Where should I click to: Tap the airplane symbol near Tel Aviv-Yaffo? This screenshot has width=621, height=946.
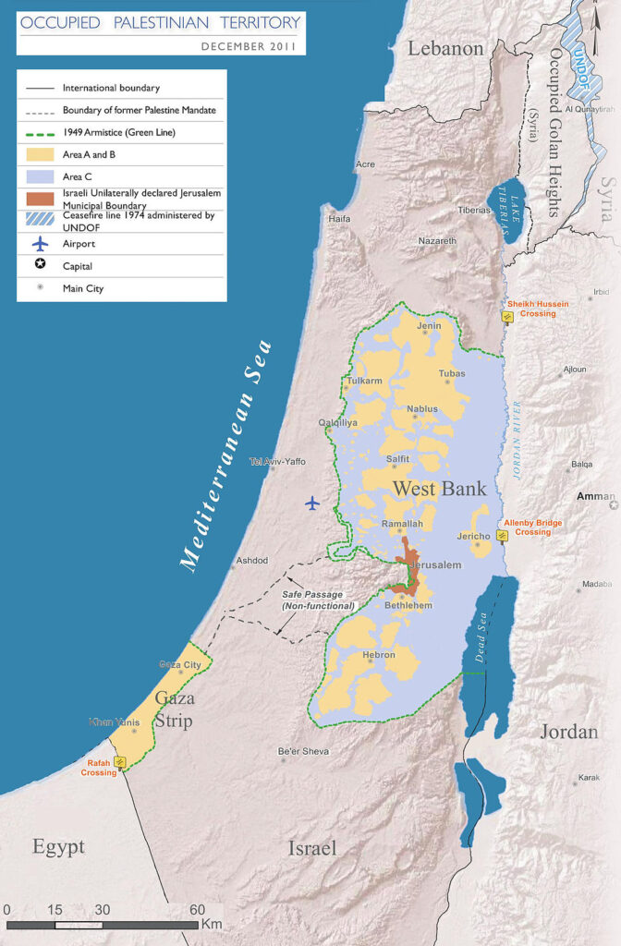click(x=312, y=503)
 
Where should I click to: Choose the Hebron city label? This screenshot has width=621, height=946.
click(x=379, y=654)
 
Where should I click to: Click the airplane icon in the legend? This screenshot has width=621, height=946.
click(x=38, y=244)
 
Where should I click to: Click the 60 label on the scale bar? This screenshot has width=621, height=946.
click(x=197, y=909)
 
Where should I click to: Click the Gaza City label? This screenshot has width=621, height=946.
click(x=180, y=665)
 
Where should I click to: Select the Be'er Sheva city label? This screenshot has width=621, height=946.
click(x=303, y=751)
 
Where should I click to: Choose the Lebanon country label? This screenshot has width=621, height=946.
click(x=446, y=49)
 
